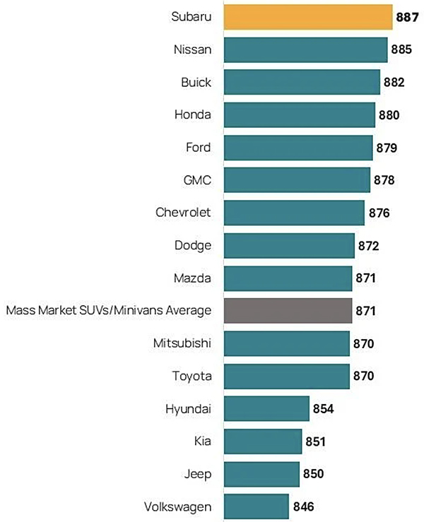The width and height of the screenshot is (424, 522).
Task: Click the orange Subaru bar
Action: click(307, 17)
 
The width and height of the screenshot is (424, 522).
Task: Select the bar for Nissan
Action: click(305, 50)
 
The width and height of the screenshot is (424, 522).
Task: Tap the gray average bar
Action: click(288, 311)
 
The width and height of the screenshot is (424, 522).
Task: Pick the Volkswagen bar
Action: click(256, 506)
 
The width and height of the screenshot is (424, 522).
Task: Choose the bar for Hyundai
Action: click(266, 409)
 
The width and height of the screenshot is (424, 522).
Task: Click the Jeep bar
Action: click(261, 474)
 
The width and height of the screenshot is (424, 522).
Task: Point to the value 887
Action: click(408, 17)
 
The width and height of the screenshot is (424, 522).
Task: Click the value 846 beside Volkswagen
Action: click(304, 506)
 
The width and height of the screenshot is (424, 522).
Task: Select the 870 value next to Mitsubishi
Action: click(365, 344)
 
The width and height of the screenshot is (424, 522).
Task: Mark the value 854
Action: click(324, 409)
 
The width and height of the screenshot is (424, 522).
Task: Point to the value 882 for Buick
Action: click(395, 83)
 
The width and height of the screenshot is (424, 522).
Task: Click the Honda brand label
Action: click(193, 114)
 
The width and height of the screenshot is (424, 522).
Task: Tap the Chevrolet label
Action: click(184, 212)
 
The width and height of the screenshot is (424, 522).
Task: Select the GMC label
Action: click(197, 180)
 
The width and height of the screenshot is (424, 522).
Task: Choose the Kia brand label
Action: click(202, 441)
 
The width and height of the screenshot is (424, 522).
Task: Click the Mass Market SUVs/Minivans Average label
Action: click(109, 311)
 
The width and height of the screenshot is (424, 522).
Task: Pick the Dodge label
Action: click(193, 245)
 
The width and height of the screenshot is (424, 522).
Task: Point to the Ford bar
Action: click(298, 148)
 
